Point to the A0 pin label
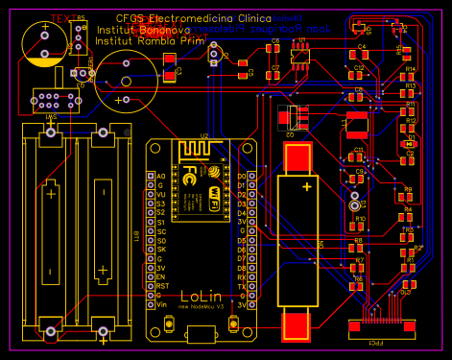click(161, 177)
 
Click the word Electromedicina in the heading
click(192, 18)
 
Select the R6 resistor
click(359, 287)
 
